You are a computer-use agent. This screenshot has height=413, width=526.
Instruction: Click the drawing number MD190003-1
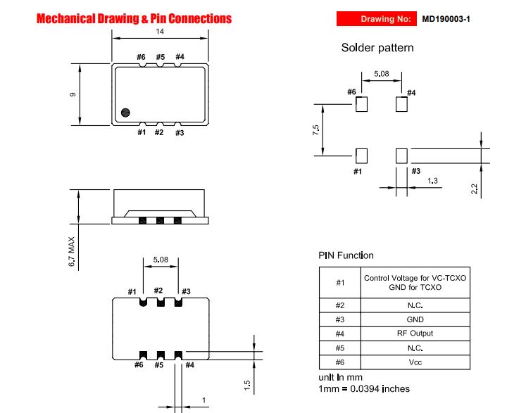(x=446, y=19)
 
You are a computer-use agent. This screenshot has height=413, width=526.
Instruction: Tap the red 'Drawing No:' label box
(x=377, y=19)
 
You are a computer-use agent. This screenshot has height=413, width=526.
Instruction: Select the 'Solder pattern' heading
(x=377, y=48)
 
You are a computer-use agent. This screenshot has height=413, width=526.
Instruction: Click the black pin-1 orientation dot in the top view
(x=125, y=113)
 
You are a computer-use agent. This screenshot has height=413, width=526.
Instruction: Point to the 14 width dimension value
(x=160, y=32)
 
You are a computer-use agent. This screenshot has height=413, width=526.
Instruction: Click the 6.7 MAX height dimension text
(x=71, y=252)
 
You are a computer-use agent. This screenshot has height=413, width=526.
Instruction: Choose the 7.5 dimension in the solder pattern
(x=315, y=130)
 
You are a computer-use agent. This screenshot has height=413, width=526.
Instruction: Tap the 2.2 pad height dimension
(x=474, y=189)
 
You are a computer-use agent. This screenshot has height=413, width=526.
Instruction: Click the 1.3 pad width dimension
(x=432, y=181)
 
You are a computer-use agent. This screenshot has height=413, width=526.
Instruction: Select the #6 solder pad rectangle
(x=362, y=104)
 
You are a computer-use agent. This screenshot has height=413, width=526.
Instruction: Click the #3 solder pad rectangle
(x=401, y=156)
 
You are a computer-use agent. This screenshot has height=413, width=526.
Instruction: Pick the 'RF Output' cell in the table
(x=415, y=333)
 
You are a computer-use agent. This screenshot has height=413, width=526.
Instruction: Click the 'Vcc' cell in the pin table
(x=415, y=362)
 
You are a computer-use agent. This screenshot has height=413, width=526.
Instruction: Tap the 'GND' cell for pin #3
(x=415, y=319)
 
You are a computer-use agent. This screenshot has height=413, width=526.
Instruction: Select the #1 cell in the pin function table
(x=340, y=283)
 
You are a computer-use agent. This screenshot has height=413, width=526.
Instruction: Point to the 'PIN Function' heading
(x=346, y=255)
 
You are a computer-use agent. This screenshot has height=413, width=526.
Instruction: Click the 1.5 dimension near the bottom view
(x=247, y=385)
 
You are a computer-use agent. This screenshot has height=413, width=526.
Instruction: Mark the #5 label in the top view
(x=161, y=57)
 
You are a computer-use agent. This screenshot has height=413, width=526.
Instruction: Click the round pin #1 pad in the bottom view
(x=143, y=303)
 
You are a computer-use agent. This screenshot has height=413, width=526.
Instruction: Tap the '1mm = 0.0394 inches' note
(x=364, y=389)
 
